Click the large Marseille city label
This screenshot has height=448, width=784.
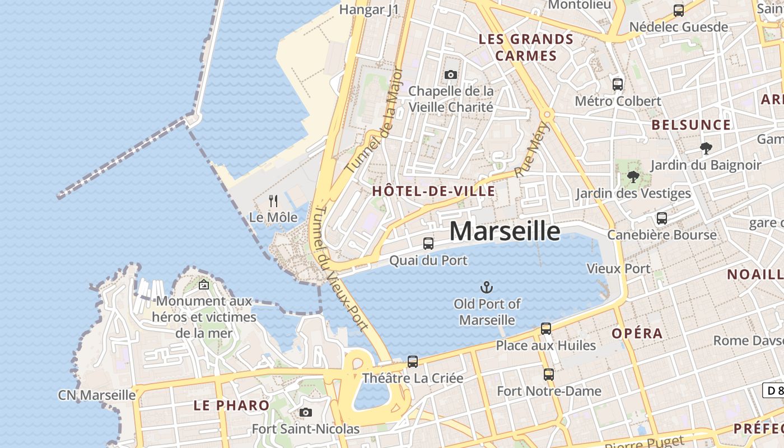point(505,231)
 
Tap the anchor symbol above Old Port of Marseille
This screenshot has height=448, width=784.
point(487,288)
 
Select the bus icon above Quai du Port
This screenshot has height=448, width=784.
point(428,244)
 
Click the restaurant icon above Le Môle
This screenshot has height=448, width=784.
point(273,200)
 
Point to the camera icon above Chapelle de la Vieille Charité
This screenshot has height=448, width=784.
point(451,74)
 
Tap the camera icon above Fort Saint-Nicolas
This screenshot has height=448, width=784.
point(305,413)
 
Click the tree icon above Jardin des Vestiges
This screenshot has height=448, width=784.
point(633,177)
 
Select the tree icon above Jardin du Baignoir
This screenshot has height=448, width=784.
point(706,148)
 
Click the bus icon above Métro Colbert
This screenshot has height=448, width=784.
point(618,85)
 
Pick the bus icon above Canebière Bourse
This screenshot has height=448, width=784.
point(662,218)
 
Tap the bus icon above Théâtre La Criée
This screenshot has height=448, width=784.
point(413,362)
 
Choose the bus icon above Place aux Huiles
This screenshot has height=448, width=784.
point(546,329)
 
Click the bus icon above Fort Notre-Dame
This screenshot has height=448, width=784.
point(549,375)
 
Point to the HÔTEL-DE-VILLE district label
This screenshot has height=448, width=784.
point(433,191)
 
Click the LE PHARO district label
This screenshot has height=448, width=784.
point(231,405)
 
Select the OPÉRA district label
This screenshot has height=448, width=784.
point(637,334)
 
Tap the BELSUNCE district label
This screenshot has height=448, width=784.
point(691,125)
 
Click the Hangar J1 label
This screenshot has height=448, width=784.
point(369,10)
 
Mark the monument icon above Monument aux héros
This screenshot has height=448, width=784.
point(204,285)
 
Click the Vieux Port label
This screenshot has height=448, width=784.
point(618,269)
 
